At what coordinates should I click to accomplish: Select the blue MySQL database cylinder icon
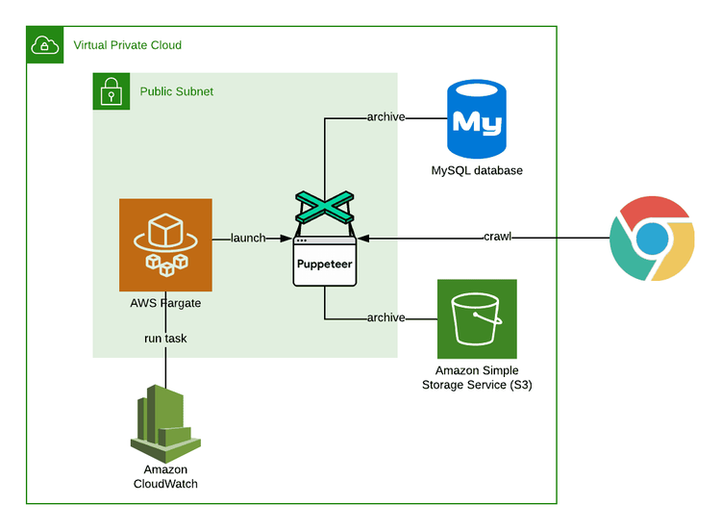pos(476,120)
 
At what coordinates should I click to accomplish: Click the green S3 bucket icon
pos(477,318)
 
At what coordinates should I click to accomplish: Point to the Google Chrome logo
pos(653,238)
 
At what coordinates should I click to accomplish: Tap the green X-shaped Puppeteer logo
pos(325,208)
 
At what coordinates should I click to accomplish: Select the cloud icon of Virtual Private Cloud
pos(44,45)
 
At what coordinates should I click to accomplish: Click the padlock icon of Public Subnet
pos(111,91)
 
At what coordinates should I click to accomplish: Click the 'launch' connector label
pos(248,238)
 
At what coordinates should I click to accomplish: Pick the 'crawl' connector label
pos(497,238)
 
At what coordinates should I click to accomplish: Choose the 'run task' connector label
pos(165,338)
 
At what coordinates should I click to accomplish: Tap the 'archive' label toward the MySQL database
pos(385,117)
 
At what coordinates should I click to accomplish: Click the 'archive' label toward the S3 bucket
pos(385,317)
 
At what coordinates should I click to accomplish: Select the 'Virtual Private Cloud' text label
pos(127,45)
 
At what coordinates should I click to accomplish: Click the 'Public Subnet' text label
pos(177,91)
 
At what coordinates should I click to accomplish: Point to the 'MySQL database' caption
pos(477,171)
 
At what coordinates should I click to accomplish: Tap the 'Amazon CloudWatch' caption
pos(164,476)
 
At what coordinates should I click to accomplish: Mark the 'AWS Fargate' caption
pos(165,303)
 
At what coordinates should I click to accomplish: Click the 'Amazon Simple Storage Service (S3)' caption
pos(477,377)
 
